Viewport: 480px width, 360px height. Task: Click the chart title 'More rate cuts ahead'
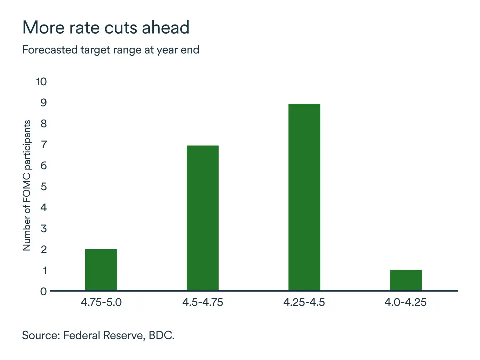click(x=106, y=27)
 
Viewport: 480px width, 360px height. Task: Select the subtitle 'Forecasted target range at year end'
click(x=111, y=50)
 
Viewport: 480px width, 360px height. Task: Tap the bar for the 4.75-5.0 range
click(x=101, y=270)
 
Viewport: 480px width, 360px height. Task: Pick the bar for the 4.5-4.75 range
click(x=202, y=218)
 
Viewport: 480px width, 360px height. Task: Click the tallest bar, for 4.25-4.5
click(x=304, y=197)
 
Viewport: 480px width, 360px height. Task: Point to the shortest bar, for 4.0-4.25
click(x=406, y=280)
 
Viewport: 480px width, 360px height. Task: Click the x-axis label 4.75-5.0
click(x=101, y=303)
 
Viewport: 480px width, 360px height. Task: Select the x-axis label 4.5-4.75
click(x=202, y=303)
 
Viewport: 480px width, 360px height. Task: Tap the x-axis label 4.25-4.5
click(x=304, y=303)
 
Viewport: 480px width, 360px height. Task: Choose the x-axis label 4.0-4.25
click(x=406, y=303)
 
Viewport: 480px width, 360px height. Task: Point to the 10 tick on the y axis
click(x=41, y=82)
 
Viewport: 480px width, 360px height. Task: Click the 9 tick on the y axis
click(x=43, y=103)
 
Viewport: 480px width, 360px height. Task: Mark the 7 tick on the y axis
click(x=43, y=145)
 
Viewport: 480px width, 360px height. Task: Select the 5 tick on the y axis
click(x=43, y=186)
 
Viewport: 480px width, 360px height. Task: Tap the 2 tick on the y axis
click(x=43, y=249)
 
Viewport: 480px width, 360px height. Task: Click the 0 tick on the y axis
click(x=43, y=291)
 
